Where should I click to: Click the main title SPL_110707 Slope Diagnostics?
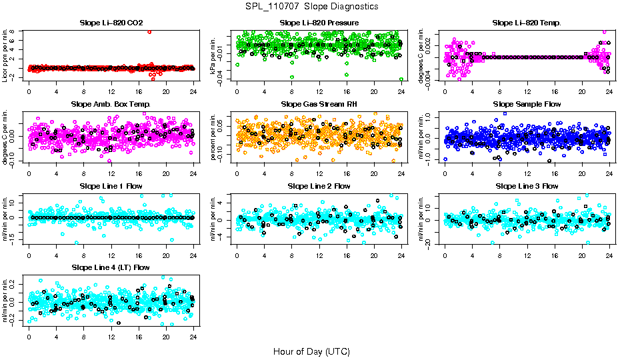point(311,6)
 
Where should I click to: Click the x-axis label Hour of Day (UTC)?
point(311,351)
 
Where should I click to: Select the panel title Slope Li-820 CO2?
point(111,23)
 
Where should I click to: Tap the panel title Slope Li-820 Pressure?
point(319,23)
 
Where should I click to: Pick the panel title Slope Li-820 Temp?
point(527,23)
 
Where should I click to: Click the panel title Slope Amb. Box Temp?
point(111,104)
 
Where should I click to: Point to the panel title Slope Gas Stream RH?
point(319,104)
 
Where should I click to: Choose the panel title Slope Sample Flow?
point(527,104)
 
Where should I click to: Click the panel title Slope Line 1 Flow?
point(111,185)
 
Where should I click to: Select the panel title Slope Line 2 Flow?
point(319,185)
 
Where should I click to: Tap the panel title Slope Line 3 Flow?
point(527,185)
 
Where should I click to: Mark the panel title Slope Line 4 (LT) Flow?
point(111,267)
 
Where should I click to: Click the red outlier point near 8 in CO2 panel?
point(149,31)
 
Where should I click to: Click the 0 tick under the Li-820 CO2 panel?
point(29,91)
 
